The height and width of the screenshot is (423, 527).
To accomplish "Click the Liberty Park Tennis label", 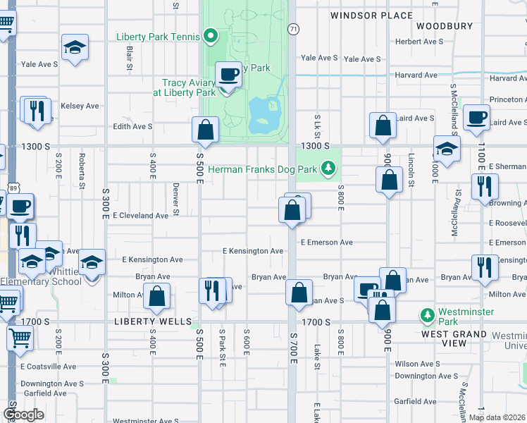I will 159,36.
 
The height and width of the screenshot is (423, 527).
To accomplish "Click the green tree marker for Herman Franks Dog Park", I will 327,168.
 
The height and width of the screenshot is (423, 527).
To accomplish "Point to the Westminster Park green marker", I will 426,314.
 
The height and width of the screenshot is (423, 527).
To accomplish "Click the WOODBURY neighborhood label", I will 444,26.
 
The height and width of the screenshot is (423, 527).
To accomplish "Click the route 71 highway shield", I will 292,28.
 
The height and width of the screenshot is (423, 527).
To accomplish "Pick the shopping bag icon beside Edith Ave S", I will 205,130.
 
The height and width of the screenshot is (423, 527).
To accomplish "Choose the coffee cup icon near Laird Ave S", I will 476,117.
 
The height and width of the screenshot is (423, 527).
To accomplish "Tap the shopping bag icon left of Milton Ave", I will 156,297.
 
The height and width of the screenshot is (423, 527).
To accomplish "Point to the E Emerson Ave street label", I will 326,243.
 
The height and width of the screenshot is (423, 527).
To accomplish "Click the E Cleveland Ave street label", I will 140,216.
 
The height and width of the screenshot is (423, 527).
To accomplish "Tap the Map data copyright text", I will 497,417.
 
